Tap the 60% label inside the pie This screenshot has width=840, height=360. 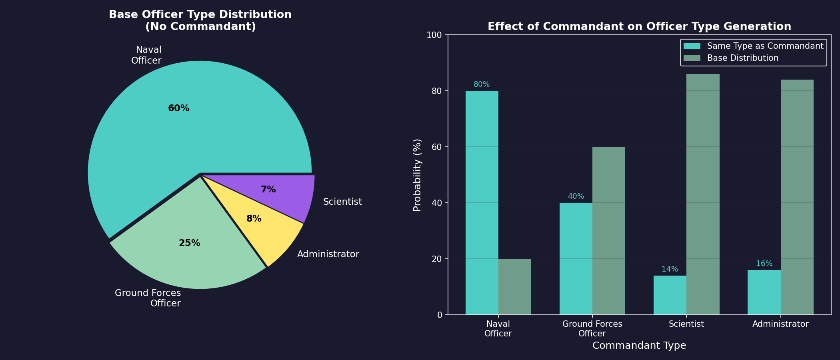[x=178, y=108]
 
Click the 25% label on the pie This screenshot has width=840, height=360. [x=189, y=243]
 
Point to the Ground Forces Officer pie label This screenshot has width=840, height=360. [x=148, y=298]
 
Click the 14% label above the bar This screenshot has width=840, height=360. [x=670, y=269]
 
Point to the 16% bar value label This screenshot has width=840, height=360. [x=764, y=264]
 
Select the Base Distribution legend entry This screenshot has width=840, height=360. [x=742, y=58]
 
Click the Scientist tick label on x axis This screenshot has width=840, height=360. [x=686, y=324]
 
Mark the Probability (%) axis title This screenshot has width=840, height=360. [x=417, y=175]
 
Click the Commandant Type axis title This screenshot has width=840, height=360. [x=639, y=346]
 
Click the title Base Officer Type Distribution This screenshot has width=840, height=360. [x=200, y=15]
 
